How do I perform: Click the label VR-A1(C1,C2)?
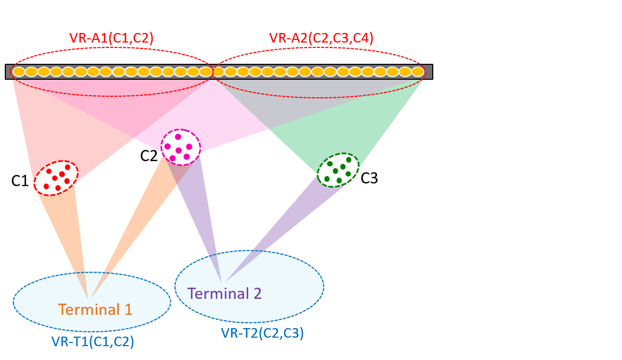point(111,38)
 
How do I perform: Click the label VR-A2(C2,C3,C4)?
point(321,38)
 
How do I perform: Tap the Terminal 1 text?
point(95,309)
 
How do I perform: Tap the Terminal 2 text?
point(224,294)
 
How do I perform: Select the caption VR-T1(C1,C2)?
point(93,341)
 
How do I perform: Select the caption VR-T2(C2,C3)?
point(262,333)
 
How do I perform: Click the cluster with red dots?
point(56,178)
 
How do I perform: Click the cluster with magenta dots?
point(180,146)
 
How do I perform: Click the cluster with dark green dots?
point(338,170)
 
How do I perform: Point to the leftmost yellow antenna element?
point(19,72)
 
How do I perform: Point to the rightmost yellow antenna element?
point(418,72)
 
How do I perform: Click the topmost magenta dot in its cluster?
point(178,137)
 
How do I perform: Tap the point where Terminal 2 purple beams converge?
point(222,282)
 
